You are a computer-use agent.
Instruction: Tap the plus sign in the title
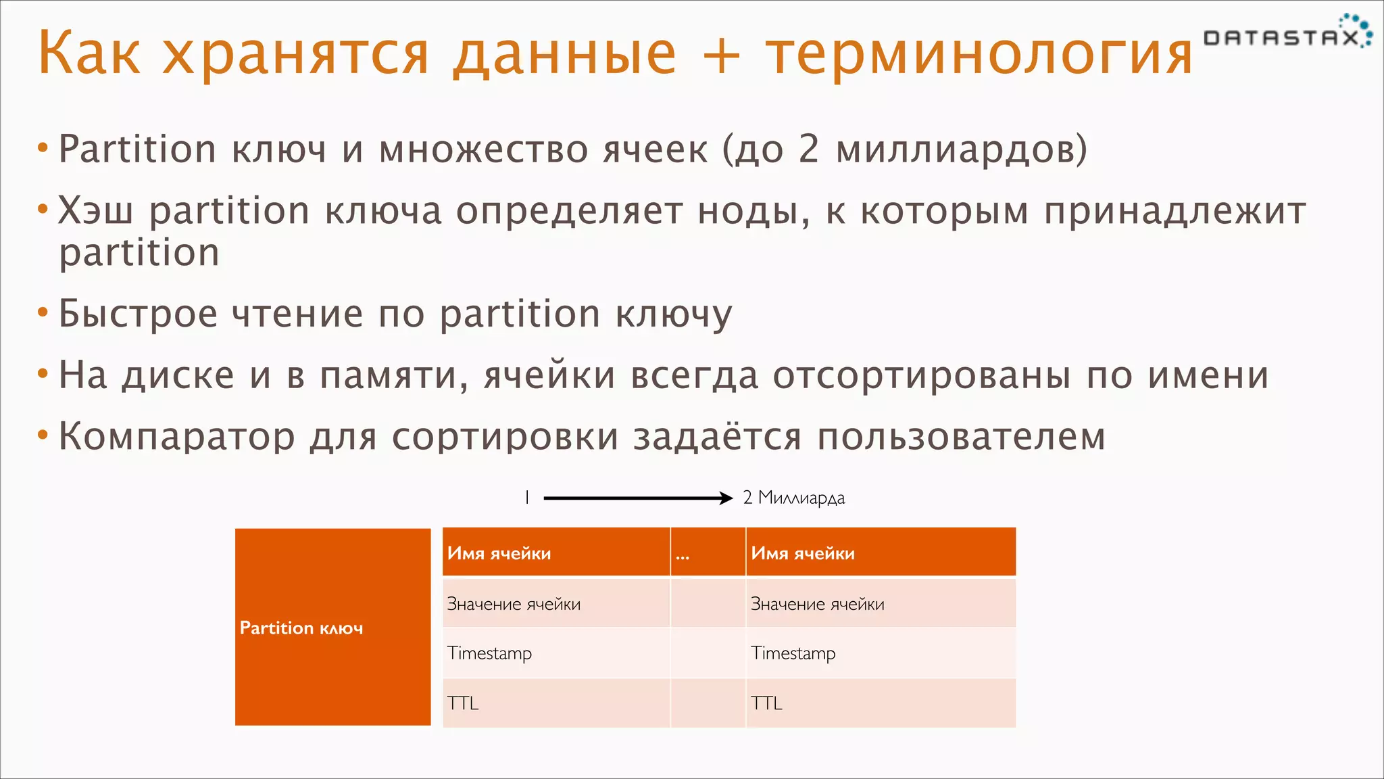(x=721, y=54)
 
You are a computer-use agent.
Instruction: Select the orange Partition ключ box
(x=332, y=627)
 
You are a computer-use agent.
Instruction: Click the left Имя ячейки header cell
(x=555, y=552)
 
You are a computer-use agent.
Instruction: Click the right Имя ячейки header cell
(x=880, y=552)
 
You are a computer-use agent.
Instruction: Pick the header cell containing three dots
(x=708, y=552)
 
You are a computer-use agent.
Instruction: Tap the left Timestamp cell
(x=555, y=653)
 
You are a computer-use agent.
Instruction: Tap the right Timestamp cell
(x=880, y=653)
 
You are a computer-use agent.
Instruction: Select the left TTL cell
(x=555, y=703)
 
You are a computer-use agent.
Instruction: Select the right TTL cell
(x=880, y=703)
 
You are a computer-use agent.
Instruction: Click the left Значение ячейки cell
(x=555, y=603)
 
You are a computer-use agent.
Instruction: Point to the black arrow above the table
(x=637, y=498)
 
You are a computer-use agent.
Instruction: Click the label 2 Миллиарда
(x=793, y=498)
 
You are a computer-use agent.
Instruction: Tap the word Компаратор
(x=176, y=437)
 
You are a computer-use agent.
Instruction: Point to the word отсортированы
(x=922, y=376)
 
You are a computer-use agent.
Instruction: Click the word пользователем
(x=961, y=437)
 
